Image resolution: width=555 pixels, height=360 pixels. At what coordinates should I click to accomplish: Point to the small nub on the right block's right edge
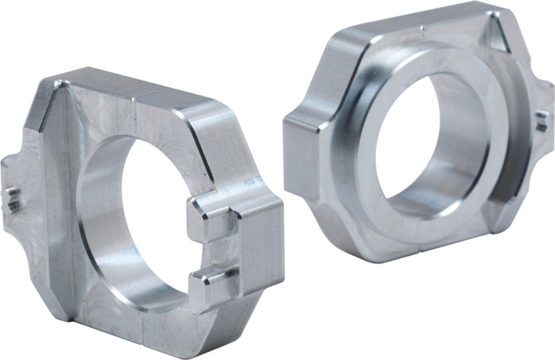coord(542,121)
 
